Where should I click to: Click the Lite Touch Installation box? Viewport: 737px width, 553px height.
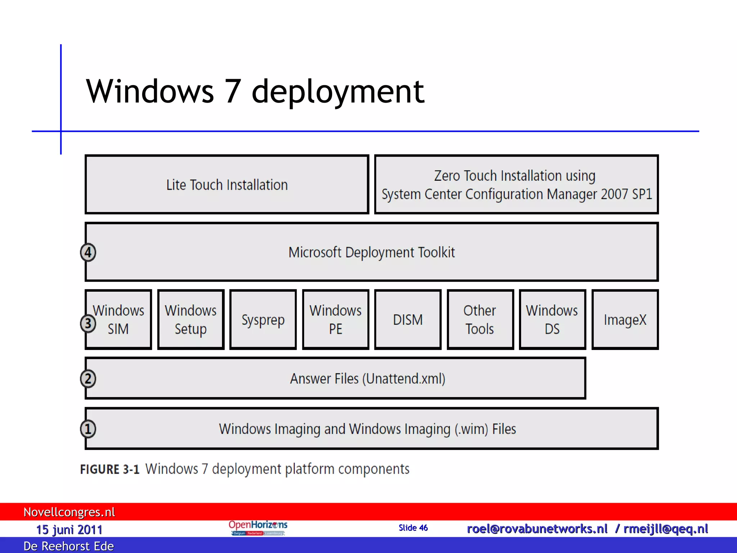227,185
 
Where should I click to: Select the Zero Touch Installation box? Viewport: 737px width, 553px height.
516,185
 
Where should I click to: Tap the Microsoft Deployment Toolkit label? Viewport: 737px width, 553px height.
371,252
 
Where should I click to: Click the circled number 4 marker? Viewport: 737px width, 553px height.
88,252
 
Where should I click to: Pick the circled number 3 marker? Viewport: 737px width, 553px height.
88,323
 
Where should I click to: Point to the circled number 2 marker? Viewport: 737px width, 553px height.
88,379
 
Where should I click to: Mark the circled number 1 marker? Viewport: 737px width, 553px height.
88,429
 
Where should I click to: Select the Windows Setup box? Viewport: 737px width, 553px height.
191,320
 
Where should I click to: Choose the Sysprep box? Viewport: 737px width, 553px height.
263,320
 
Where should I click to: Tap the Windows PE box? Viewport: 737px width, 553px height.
335,320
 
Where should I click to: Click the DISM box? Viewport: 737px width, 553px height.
408,320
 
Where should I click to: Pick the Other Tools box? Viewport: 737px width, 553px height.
480,320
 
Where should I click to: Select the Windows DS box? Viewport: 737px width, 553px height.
552,320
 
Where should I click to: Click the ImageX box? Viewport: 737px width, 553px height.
625,320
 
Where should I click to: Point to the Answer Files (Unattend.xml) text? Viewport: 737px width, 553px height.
367,379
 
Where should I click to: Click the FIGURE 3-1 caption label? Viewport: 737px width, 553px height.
110,469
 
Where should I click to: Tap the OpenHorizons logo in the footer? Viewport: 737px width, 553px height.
258,527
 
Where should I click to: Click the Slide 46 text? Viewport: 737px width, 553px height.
413,528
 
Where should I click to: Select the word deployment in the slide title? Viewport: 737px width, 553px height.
338,91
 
